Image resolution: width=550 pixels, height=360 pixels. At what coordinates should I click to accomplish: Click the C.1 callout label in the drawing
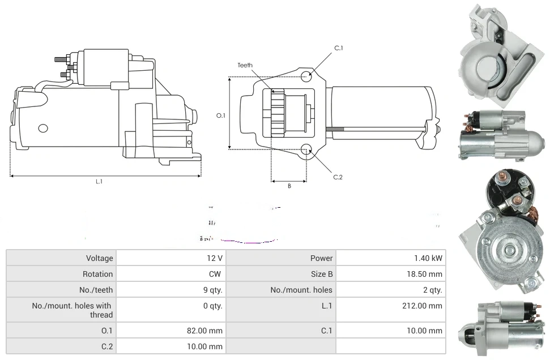[x=339, y=48]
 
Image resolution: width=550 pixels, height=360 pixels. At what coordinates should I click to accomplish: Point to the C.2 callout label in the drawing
[x=338, y=177]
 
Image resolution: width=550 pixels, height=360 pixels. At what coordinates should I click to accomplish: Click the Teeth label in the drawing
[x=245, y=65]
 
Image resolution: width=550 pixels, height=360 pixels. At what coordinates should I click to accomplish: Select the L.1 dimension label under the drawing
[x=99, y=181]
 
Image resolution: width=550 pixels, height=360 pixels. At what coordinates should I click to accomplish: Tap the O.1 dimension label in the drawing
[x=221, y=115]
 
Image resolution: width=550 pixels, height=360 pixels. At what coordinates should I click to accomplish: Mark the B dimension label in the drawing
[x=289, y=186]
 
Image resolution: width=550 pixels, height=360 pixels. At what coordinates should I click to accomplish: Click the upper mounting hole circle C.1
[x=306, y=76]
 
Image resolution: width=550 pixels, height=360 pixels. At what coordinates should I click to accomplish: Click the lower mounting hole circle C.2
[x=306, y=149]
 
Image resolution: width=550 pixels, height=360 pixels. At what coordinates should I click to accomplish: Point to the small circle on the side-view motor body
[x=43, y=128]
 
